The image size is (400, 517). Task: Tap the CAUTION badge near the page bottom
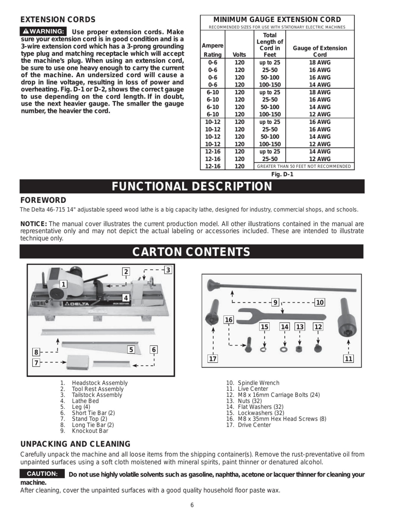tap(42, 474)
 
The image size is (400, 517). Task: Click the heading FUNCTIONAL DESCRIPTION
tap(192, 186)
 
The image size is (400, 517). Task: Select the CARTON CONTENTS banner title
tap(191, 252)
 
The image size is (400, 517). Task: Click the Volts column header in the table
tap(239, 55)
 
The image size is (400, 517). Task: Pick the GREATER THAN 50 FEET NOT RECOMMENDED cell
tap(304, 166)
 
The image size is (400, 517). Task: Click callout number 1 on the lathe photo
tap(63, 284)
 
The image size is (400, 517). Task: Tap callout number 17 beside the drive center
tap(212, 358)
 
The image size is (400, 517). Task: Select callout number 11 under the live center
tap(349, 358)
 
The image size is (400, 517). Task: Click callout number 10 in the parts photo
tap(319, 302)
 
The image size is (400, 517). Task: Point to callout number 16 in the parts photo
tap(228, 320)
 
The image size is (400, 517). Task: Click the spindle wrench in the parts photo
tap(280, 317)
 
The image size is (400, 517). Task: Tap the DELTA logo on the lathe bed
tap(76, 304)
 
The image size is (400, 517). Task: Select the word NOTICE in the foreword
tap(34, 224)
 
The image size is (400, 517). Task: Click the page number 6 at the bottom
tap(192, 505)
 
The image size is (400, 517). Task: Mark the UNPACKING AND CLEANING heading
tap(76, 444)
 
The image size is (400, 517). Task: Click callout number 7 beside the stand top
tap(36, 363)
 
